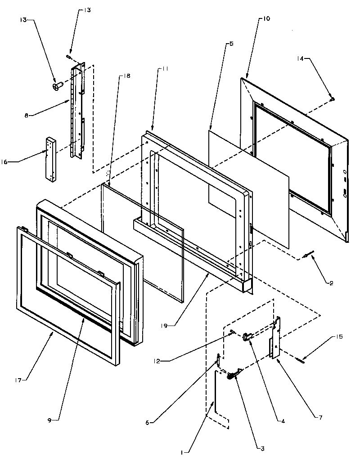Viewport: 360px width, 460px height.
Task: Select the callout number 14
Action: point(301,58)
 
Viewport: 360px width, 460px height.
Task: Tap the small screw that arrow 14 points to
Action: point(332,98)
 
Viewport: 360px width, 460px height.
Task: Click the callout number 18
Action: point(126,76)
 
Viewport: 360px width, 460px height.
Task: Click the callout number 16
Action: point(13,160)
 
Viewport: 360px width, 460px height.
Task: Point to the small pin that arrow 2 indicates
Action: point(306,256)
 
